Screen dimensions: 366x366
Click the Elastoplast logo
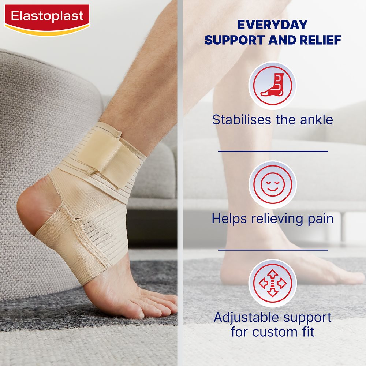(47, 18)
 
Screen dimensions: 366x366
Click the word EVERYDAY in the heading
(273, 25)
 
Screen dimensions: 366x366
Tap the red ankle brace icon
(272, 86)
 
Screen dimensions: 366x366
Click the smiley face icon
(272, 184)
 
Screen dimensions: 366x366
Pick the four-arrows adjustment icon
(272, 283)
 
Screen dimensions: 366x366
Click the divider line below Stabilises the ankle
(273, 151)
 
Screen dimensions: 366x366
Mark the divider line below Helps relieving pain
(273, 250)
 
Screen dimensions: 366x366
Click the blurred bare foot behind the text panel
(293, 271)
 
